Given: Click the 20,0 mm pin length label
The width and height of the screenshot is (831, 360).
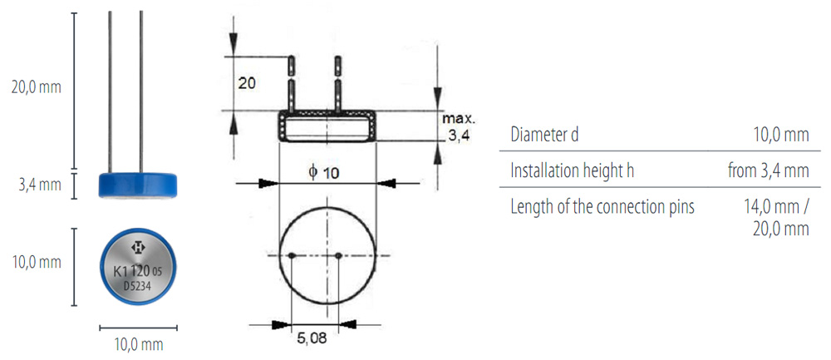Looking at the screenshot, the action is [x=36, y=87].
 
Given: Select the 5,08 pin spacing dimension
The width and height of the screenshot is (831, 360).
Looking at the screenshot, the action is [x=312, y=338].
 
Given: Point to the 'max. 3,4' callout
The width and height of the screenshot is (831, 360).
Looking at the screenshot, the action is [x=455, y=126].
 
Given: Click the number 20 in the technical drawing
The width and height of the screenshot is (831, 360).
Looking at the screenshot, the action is [x=247, y=83].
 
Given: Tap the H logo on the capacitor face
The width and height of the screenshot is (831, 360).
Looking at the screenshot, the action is [x=139, y=247].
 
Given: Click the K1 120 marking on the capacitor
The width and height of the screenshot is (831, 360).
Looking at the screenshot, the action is [x=132, y=272].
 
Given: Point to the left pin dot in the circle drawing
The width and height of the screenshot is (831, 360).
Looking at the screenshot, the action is [x=292, y=256].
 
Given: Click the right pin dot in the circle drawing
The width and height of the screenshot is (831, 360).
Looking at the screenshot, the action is [x=339, y=256].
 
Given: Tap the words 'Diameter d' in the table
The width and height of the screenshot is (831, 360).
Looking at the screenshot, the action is [x=544, y=135].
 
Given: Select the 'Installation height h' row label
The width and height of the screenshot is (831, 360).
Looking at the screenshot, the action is [x=573, y=170].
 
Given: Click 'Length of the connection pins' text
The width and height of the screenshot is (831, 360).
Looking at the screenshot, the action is [x=602, y=207].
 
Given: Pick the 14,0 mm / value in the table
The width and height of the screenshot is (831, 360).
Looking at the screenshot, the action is [x=776, y=207].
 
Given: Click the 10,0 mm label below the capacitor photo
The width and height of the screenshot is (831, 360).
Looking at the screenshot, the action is [x=139, y=345].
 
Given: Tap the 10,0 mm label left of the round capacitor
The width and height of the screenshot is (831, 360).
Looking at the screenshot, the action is [x=37, y=263].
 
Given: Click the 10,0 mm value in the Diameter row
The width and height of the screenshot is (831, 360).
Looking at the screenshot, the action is [x=781, y=135].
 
